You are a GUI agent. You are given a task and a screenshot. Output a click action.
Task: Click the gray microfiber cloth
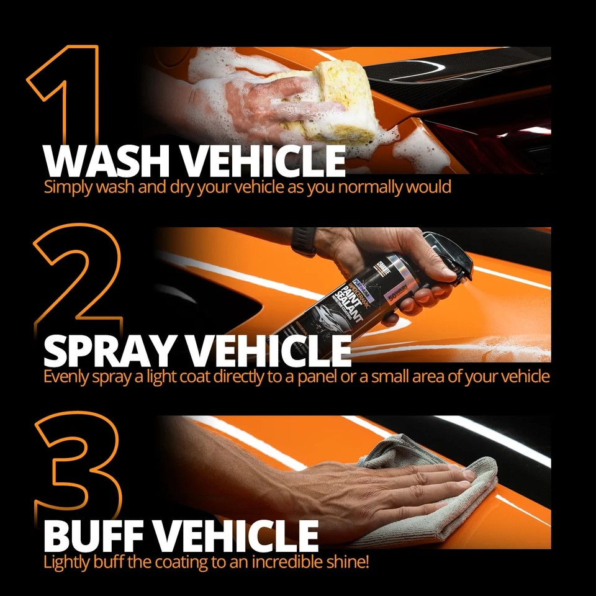click(428, 497)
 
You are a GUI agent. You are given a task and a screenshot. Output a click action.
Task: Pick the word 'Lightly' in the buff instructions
click(67, 564)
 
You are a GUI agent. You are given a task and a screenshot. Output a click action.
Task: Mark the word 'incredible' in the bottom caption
click(279, 564)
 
